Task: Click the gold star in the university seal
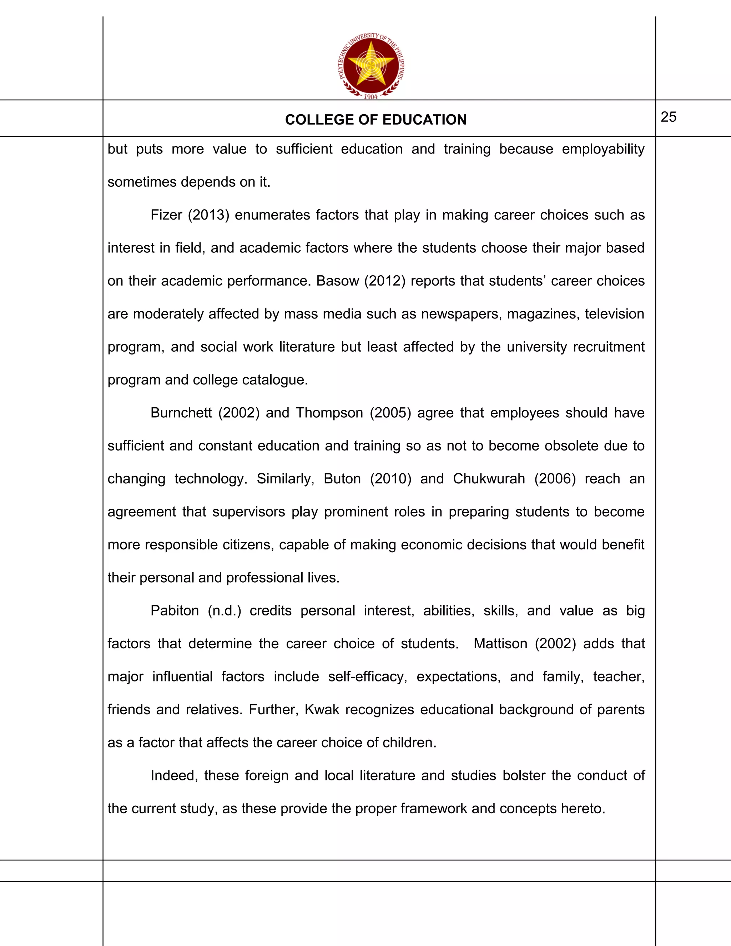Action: pyautogui.click(x=371, y=64)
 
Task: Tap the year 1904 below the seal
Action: pyautogui.click(x=371, y=97)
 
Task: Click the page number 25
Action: pyautogui.click(x=668, y=117)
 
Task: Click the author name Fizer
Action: pyautogui.click(x=166, y=215)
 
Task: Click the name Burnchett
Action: pyautogui.click(x=181, y=413)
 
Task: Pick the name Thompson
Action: pyautogui.click(x=329, y=413)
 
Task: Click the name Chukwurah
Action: pyautogui.click(x=489, y=479)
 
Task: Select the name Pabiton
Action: pyautogui.click(x=175, y=611)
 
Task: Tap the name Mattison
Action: pyautogui.click(x=500, y=644)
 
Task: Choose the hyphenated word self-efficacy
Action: pyautogui.click(x=367, y=676)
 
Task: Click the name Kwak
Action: pyautogui.click(x=322, y=710)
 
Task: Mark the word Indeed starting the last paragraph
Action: pyautogui.click(x=174, y=775)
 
